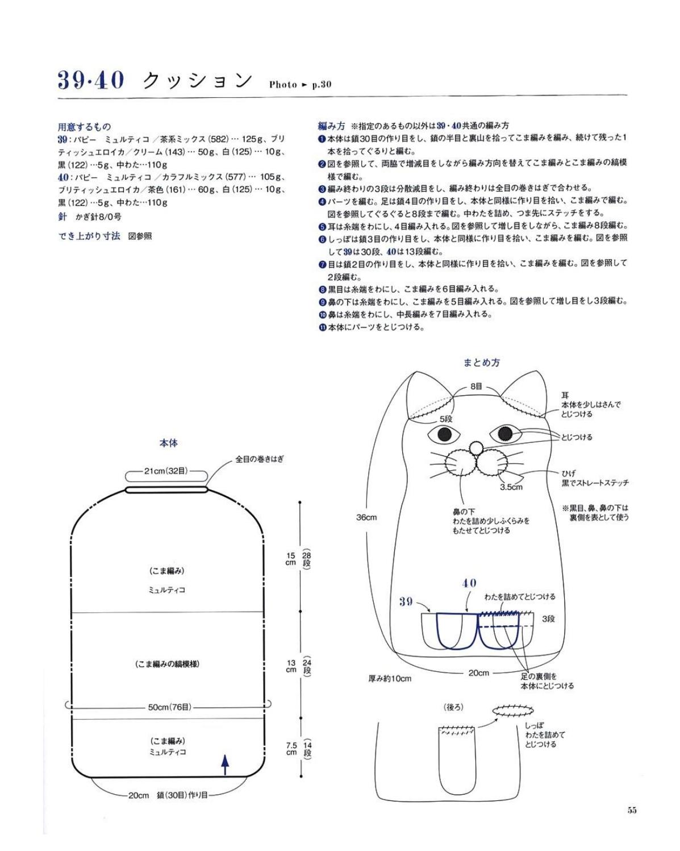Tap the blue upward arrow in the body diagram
click(x=225, y=765)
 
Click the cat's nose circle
click(x=475, y=447)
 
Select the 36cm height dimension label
click(x=366, y=517)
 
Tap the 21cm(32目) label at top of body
click(x=165, y=471)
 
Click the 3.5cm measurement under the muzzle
click(x=511, y=487)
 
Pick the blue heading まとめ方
click(x=481, y=362)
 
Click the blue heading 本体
click(x=168, y=443)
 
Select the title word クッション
click(x=197, y=81)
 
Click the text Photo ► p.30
click(x=301, y=84)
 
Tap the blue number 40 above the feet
click(x=469, y=583)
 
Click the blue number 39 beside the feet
click(x=406, y=602)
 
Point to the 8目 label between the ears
click(x=476, y=387)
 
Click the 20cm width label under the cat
click(x=478, y=673)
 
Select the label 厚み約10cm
click(x=390, y=679)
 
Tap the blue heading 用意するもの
click(x=85, y=127)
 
